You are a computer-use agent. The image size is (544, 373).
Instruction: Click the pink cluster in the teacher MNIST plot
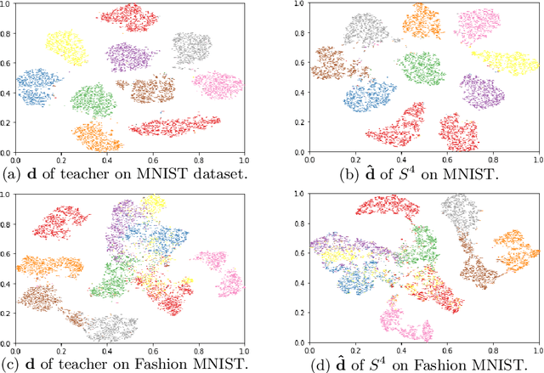[x=216, y=85]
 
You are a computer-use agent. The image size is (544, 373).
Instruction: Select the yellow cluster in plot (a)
[x=66, y=46]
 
